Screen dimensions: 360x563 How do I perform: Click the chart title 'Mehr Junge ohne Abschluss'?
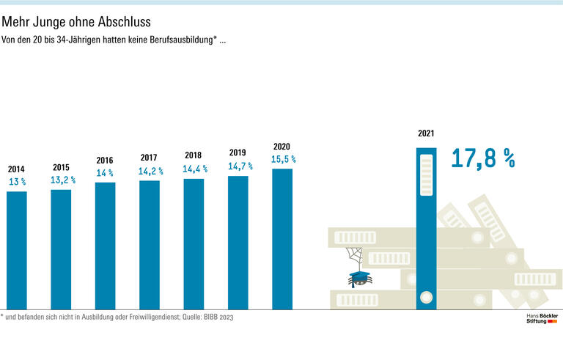(x=76, y=22)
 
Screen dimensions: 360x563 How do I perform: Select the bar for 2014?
(x=17, y=250)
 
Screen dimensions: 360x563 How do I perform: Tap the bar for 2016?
(x=105, y=246)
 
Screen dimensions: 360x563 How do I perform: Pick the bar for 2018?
(x=194, y=243)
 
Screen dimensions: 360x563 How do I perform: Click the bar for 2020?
(x=282, y=239)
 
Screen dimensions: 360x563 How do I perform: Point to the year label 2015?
(x=61, y=167)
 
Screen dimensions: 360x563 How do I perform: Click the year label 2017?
(x=149, y=158)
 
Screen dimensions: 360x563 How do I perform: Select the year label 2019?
(x=238, y=153)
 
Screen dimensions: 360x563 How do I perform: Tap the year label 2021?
(x=426, y=133)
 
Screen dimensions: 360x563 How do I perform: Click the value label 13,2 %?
(x=62, y=180)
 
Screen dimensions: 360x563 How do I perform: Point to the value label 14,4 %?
(x=195, y=168)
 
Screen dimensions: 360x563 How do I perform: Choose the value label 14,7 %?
(x=239, y=166)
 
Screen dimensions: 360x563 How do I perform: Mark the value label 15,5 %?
(x=283, y=158)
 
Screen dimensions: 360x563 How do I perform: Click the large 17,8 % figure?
(x=483, y=158)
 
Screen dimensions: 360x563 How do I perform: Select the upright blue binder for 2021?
(x=426, y=227)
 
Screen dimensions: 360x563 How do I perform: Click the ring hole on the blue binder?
(x=425, y=298)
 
